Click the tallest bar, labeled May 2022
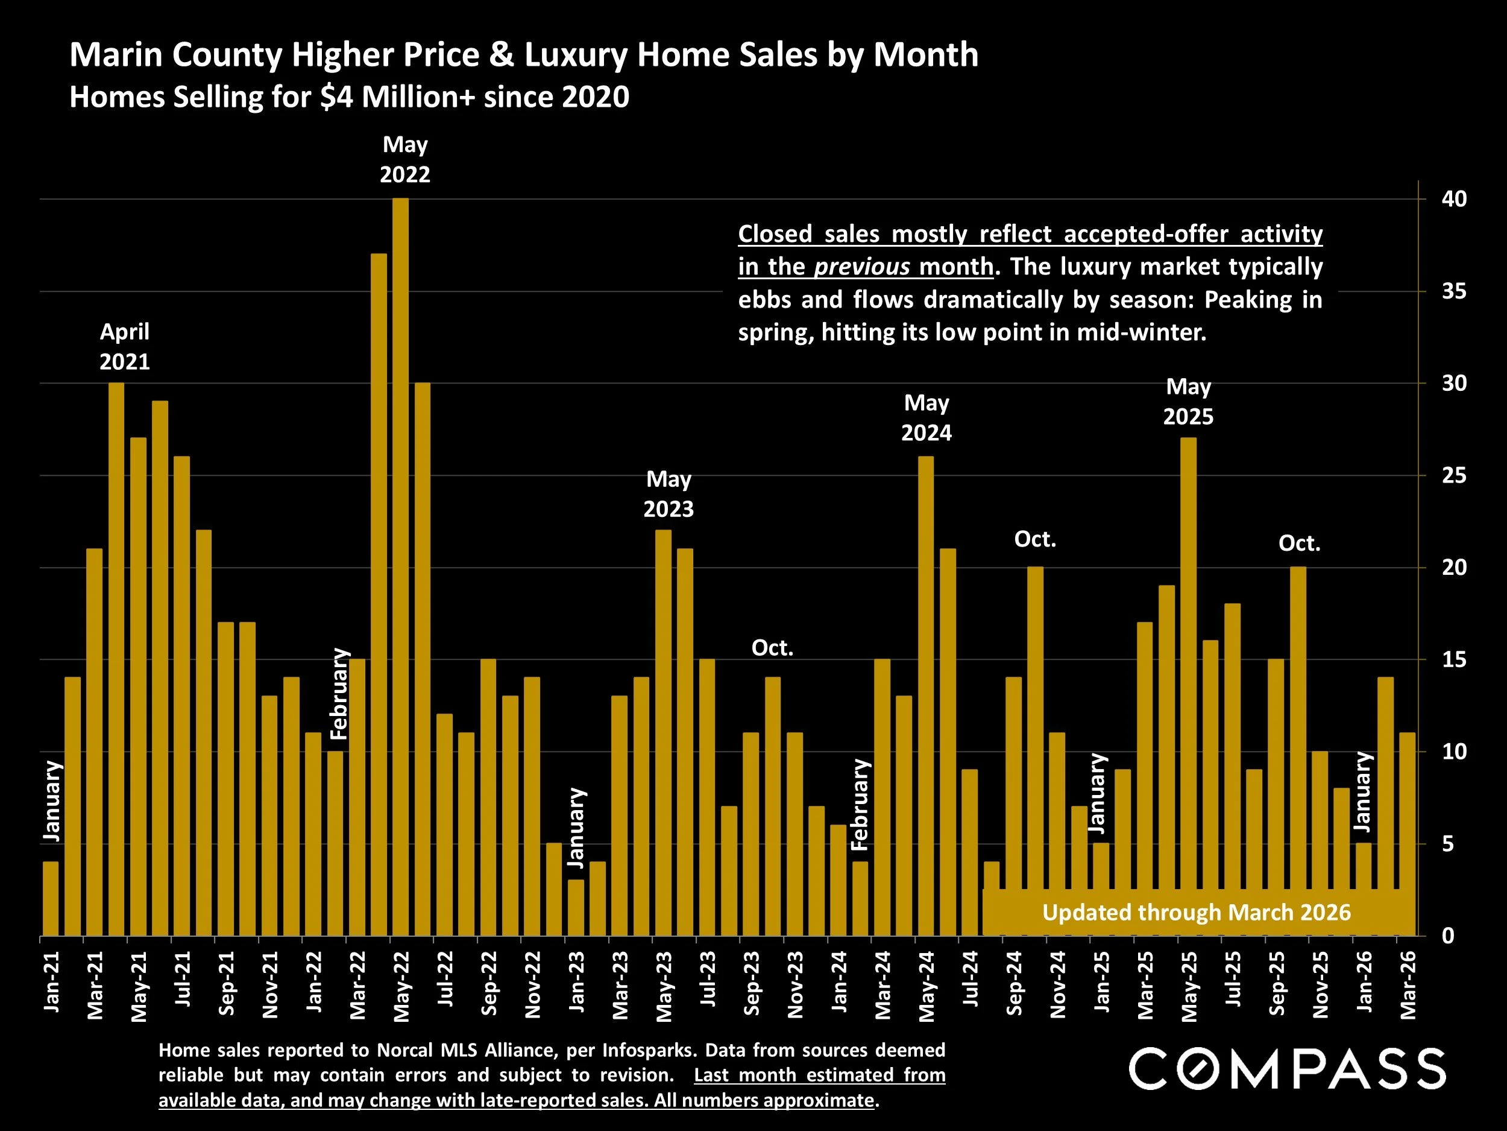coord(401,566)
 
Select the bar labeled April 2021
coord(116,658)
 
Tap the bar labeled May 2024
coord(926,695)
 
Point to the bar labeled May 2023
coord(664,733)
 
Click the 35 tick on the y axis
coord(1454,292)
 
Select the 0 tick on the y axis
coord(1449,936)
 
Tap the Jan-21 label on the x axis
coord(52,981)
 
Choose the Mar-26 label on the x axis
coord(1408,984)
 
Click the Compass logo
coord(1287,1069)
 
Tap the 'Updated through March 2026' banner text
coord(1197,912)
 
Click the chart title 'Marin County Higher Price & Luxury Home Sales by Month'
coord(523,54)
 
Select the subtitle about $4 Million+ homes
coord(349,97)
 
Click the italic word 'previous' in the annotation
coord(862,267)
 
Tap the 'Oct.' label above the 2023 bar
coord(772,648)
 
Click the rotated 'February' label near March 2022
coord(339,694)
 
